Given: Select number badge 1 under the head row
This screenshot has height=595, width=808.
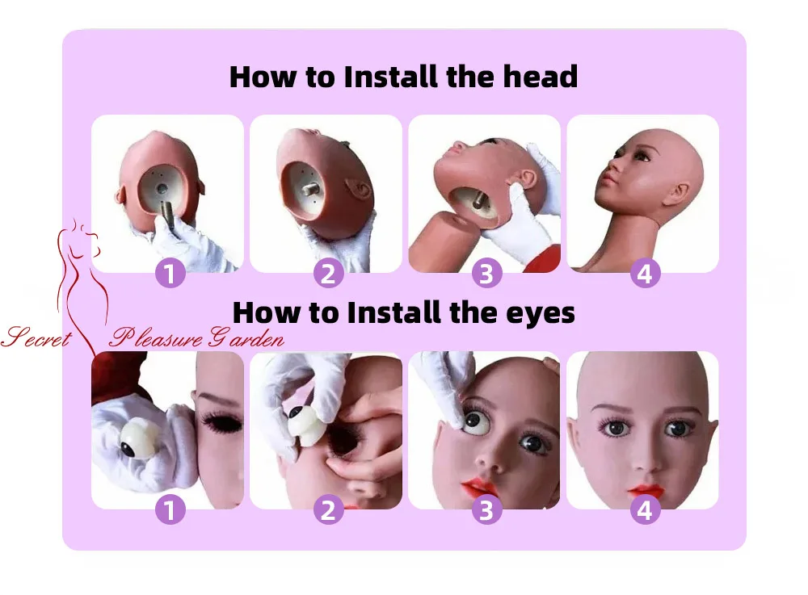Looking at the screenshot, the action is click(170, 274).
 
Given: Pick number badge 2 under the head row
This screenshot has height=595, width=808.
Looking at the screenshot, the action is click(328, 274).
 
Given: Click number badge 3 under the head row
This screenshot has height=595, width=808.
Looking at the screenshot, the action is click(486, 274).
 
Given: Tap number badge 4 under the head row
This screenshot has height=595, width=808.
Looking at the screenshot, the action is click(645, 274).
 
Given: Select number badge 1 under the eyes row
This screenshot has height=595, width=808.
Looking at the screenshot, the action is click(170, 509).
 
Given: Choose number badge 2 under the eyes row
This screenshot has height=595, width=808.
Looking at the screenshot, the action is click(328, 509).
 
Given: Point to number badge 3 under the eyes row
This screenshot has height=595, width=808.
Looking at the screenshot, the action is click(486, 509).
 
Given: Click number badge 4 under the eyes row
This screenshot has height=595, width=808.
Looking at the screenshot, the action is click(645, 509).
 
